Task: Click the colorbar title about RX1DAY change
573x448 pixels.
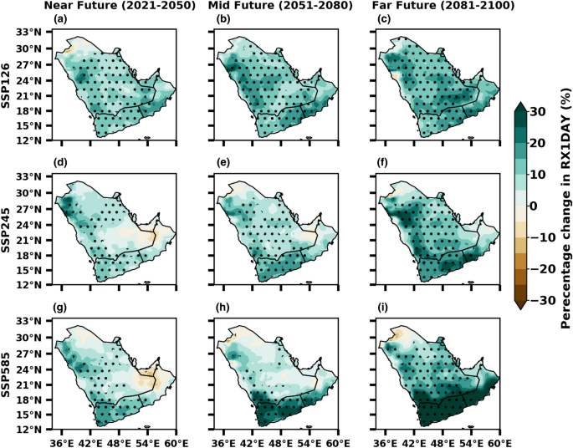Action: click(x=564, y=206)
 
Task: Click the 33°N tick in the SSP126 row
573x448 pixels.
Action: click(x=31, y=33)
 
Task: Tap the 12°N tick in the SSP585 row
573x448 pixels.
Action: click(x=31, y=429)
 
